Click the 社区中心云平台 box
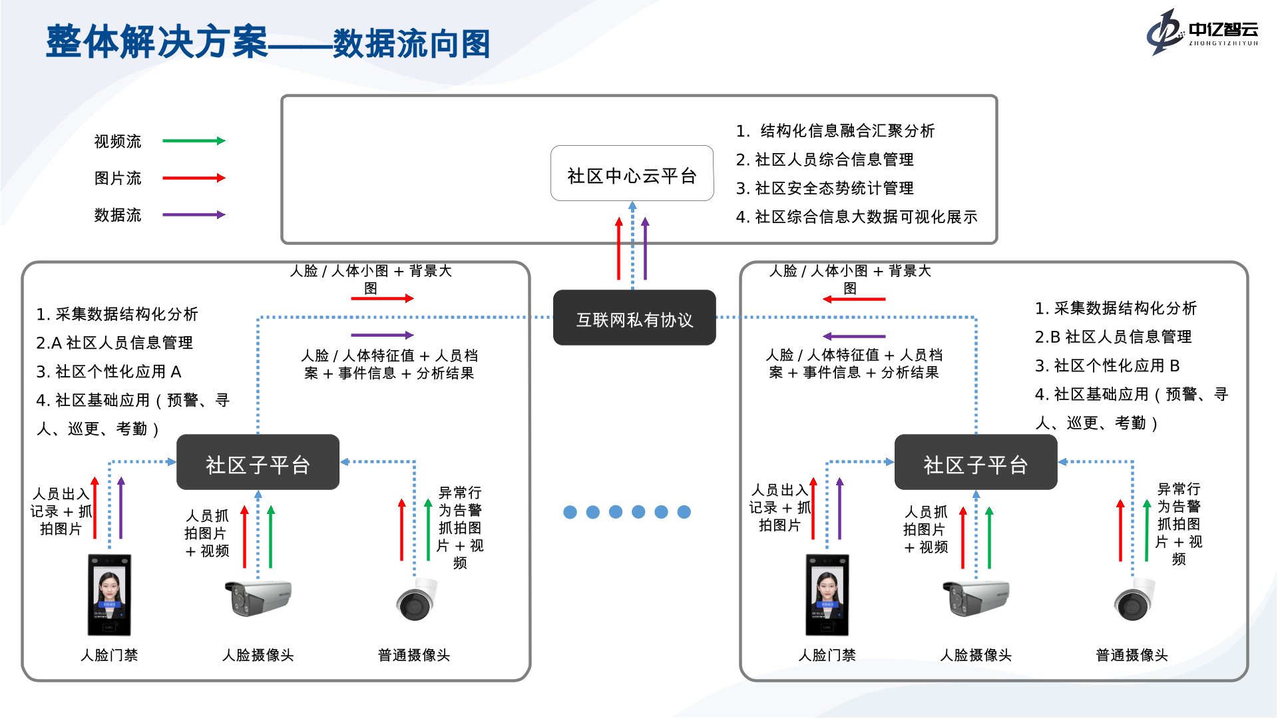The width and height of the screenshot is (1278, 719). [x=632, y=174]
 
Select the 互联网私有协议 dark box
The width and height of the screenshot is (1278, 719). [x=634, y=318]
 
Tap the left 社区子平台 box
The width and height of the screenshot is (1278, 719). [x=258, y=463]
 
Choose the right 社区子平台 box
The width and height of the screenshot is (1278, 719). [x=975, y=463]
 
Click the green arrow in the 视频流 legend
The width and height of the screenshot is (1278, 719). [x=194, y=140]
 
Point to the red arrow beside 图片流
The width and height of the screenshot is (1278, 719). [x=194, y=178]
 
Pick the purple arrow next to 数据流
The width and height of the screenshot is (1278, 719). [x=194, y=214]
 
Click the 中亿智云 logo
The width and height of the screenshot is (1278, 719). [x=1201, y=31]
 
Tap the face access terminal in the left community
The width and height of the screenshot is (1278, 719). [x=109, y=595]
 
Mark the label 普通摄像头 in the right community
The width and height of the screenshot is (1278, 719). [x=1132, y=655]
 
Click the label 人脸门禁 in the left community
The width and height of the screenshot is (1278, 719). [x=109, y=655]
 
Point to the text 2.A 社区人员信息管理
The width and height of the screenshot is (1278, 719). [x=114, y=343]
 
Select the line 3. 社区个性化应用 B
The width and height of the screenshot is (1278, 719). [x=1107, y=365]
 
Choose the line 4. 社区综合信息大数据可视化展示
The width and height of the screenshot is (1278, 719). [x=856, y=217]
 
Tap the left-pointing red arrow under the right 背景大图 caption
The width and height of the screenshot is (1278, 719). [x=854, y=299]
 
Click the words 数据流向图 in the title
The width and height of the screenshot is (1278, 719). [x=411, y=44]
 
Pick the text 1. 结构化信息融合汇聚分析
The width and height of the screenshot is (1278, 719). [x=835, y=131]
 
